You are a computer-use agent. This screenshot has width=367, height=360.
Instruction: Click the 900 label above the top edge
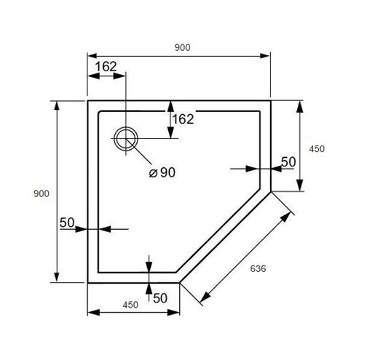tap(182, 47)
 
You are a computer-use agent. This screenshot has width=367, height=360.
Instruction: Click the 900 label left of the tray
tap(42, 193)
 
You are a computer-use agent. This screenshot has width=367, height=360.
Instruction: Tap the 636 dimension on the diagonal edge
tap(258, 268)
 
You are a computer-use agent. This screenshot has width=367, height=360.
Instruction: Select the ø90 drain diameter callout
tap(162, 172)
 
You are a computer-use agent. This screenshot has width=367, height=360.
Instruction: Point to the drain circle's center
tap(126, 139)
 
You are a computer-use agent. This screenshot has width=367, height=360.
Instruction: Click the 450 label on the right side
tap(317, 149)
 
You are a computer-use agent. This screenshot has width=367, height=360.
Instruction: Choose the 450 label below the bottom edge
tap(130, 305)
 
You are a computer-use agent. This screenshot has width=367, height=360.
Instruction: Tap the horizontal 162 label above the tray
tap(106, 66)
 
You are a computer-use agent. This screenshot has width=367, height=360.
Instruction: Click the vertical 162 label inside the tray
tap(183, 119)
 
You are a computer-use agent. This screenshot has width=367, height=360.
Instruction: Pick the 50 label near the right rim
tap(288, 162)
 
